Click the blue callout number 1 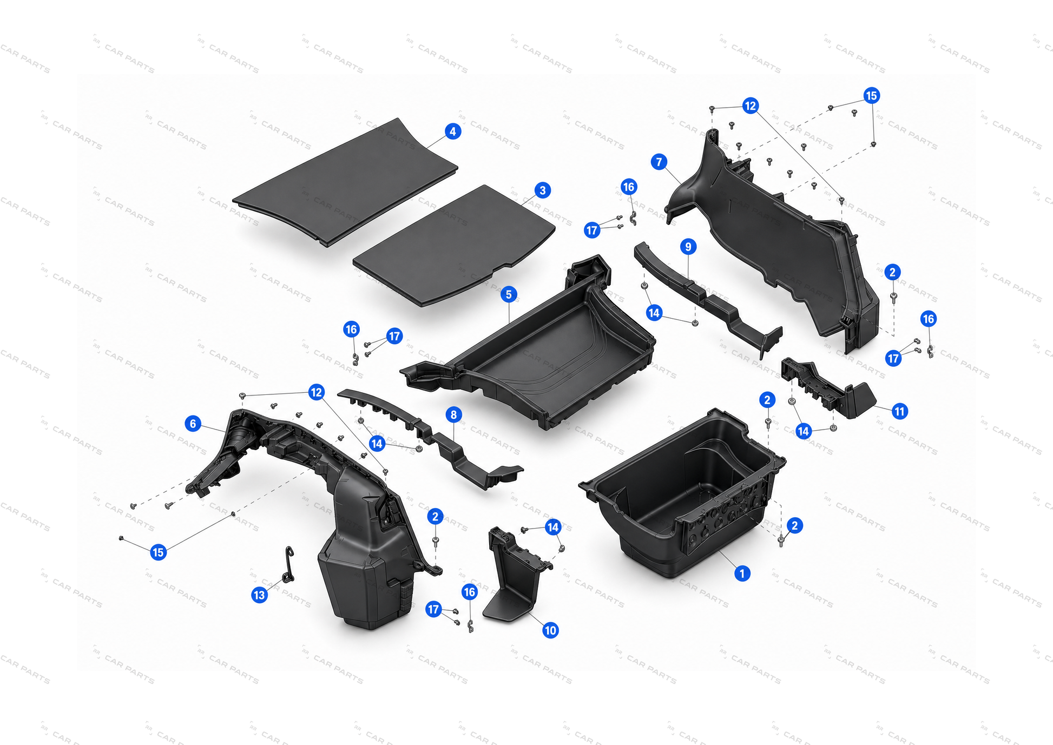742,573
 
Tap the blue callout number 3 542,190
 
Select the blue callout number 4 453,131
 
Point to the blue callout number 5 508,294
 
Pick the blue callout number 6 193,423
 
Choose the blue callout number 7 659,161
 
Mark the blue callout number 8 453,414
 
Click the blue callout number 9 688,247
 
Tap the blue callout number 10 550,630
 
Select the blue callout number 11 899,411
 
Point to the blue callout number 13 260,595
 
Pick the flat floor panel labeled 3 455,246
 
